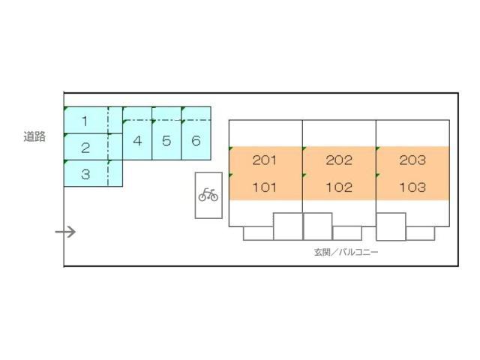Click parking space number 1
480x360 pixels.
tap(85, 121)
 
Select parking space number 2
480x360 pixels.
tap(85, 148)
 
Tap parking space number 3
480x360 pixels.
tap(85, 174)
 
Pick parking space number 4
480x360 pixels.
tap(137, 140)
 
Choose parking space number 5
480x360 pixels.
tap(166, 140)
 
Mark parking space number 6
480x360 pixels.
tap(196, 140)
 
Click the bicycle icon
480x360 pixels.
tap(208, 196)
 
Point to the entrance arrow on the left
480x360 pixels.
tap(66, 232)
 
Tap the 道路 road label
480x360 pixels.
tap(34, 136)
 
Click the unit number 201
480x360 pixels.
tap(265, 160)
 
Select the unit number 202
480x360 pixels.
tap(339, 160)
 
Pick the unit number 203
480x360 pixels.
tap(412, 160)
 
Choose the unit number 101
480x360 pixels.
tap(265, 187)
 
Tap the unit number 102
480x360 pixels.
tap(339, 187)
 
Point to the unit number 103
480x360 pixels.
tap(412, 187)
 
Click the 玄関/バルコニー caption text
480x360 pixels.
tap(346, 252)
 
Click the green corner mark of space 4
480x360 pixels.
tap(124, 109)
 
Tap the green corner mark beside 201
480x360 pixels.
tap(231, 148)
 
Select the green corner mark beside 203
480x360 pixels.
tap(378, 148)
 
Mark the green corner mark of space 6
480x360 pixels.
tap(183, 109)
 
